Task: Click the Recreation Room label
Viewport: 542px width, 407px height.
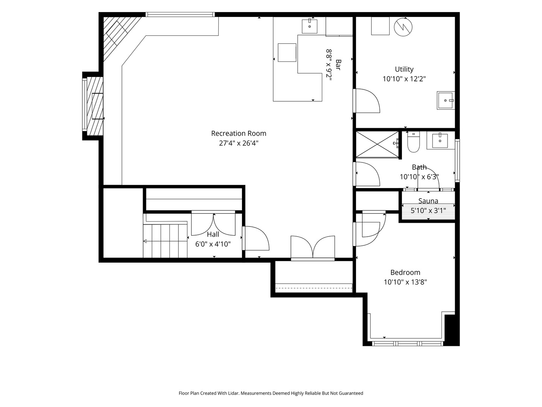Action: [239, 133]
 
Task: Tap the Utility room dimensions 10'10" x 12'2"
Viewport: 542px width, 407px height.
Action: [404, 79]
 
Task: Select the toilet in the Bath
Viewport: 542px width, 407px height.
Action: [413, 142]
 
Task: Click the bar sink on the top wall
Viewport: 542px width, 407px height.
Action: [310, 26]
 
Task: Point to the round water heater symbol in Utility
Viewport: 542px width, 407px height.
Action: [403, 27]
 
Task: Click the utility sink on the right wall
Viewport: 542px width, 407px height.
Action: [446, 100]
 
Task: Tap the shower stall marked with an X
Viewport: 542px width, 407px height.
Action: [377, 144]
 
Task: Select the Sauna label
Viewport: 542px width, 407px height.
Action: [428, 201]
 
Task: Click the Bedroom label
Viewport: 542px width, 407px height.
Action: [405, 272]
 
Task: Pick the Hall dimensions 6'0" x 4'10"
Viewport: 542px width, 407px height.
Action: [213, 244]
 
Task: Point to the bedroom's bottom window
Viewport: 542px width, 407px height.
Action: [407, 343]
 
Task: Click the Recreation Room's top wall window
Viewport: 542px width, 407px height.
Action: [180, 15]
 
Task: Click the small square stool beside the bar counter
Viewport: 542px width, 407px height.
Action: [287, 52]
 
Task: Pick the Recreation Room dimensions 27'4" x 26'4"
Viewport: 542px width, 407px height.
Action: [239, 143]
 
